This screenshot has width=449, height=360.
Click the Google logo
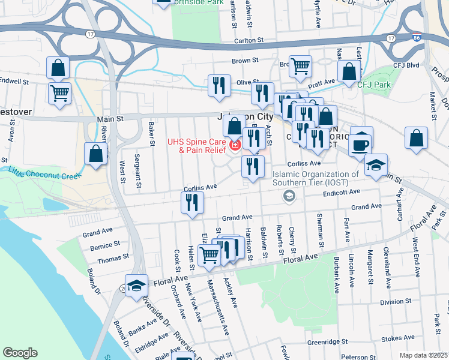20,353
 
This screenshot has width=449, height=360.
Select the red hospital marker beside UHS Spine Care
235,145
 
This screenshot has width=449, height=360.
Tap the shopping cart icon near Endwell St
60,93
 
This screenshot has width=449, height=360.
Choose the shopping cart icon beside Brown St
301,67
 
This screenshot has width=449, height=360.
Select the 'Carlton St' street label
249,40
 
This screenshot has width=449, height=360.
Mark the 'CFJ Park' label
374,85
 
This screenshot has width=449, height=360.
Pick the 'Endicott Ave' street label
340,192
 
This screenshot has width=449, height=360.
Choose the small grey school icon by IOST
289,196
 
